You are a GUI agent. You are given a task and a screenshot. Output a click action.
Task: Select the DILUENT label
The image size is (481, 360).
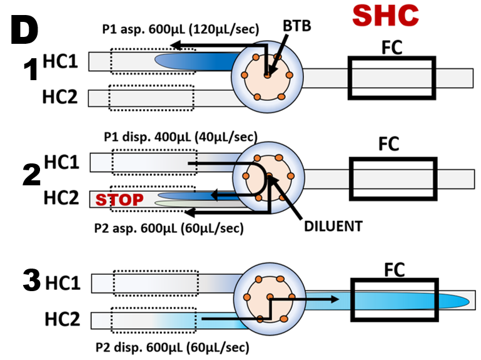pos(333,226)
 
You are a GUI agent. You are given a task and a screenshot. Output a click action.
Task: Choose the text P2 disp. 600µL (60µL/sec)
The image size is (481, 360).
pos(173,346)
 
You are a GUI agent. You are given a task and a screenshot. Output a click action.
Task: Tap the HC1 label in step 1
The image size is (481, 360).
pos(61,61)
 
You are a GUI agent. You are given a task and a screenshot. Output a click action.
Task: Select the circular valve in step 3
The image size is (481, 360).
pos(270,298)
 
